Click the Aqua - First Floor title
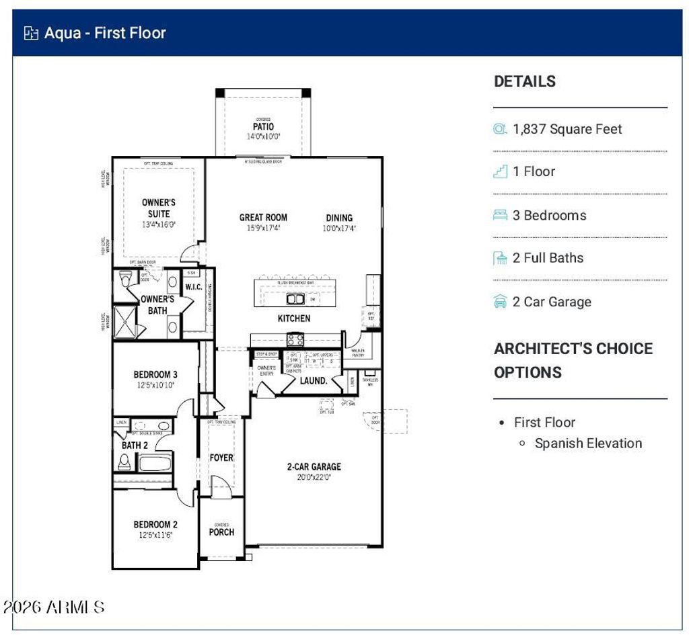point(104,33)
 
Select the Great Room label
point(263,218)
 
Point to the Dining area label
point(339,218)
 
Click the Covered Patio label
point(263,127)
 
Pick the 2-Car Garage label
point(314,467)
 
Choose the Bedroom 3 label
point(155,375)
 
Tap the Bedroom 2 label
point(155,525)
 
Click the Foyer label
point(221,458)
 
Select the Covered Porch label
point(221,531)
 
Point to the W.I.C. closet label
point(194,288)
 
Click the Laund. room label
point(314,380)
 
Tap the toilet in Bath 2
point(124,462)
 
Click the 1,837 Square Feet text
point(567,129)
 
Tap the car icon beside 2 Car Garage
point(500,302)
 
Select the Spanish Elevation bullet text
point(588,443)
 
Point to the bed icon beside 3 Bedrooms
point(500,215)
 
